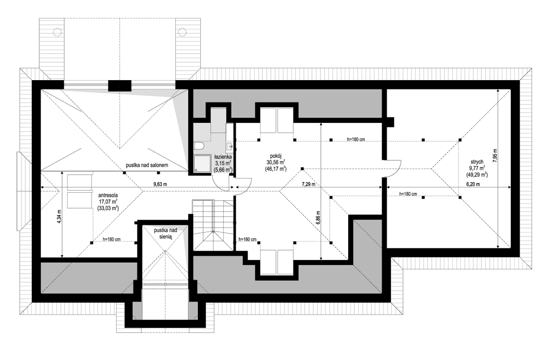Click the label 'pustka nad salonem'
149,165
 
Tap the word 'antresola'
108,195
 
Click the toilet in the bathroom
199,146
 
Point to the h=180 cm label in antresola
112,240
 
